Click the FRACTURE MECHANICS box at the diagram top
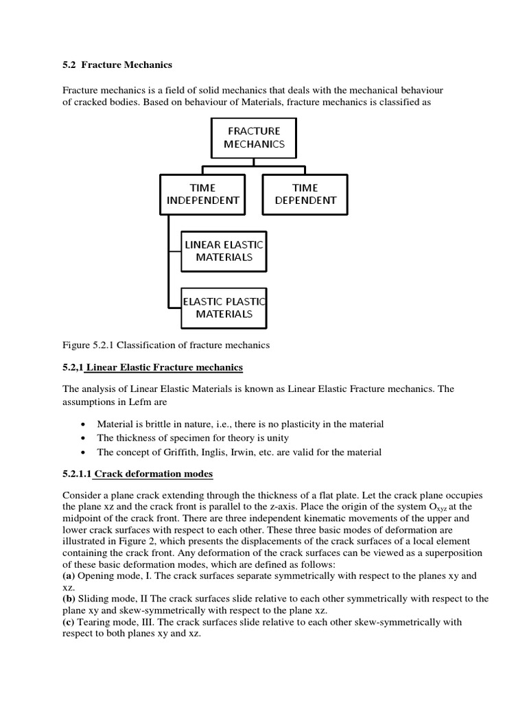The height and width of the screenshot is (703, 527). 254,137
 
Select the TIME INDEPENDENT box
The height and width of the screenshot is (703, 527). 202,194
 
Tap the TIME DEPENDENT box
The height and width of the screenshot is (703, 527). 305,194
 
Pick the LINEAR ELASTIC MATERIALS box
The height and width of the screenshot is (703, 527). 224,251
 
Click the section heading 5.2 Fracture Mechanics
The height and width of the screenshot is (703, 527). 117,65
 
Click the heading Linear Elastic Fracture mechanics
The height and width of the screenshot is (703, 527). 164,367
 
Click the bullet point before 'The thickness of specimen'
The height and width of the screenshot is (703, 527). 83,439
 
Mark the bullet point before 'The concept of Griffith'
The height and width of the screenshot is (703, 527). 83,452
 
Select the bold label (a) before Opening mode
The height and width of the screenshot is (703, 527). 69,576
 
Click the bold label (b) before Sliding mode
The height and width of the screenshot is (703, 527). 69,599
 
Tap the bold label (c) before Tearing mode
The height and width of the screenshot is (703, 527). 69,622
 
